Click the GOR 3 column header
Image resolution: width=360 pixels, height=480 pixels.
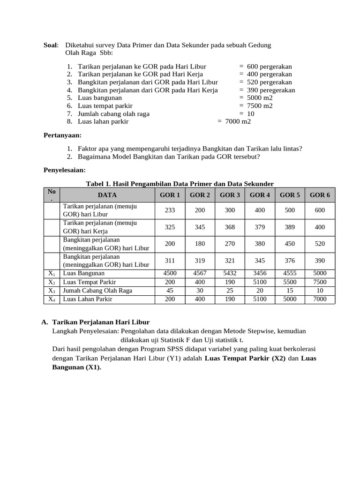[x=230, y=195]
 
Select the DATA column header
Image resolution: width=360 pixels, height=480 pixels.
[x=107, y=195]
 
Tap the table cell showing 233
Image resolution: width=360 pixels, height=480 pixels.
[x=170, y=210]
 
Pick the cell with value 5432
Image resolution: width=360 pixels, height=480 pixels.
[x=230, y=273]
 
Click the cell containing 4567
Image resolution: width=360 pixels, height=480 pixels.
[x=200, y=273]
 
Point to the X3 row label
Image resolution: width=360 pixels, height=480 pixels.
[x=52, y=291]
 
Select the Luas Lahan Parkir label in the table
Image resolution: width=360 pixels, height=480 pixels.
[x=88, y=299]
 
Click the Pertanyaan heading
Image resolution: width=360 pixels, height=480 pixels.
[x=62, y=135]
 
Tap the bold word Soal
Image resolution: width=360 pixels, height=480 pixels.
[x=51, y=45]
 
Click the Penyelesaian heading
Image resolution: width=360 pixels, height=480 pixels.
[x=65, y=170]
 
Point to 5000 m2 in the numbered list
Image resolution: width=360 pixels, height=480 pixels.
[x=260, y=98]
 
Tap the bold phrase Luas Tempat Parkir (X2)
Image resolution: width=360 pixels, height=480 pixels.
[x=245, y=359]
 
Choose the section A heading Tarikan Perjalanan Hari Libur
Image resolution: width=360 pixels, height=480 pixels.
[x=101, y=322]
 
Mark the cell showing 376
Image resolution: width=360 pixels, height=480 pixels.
[x=290, y=261]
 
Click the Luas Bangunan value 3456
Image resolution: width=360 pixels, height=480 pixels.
[x=260, y=273]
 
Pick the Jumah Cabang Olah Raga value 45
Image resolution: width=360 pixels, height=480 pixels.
[x=170, y=291]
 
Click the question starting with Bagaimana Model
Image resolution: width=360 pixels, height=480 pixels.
[x=169, y=157]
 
